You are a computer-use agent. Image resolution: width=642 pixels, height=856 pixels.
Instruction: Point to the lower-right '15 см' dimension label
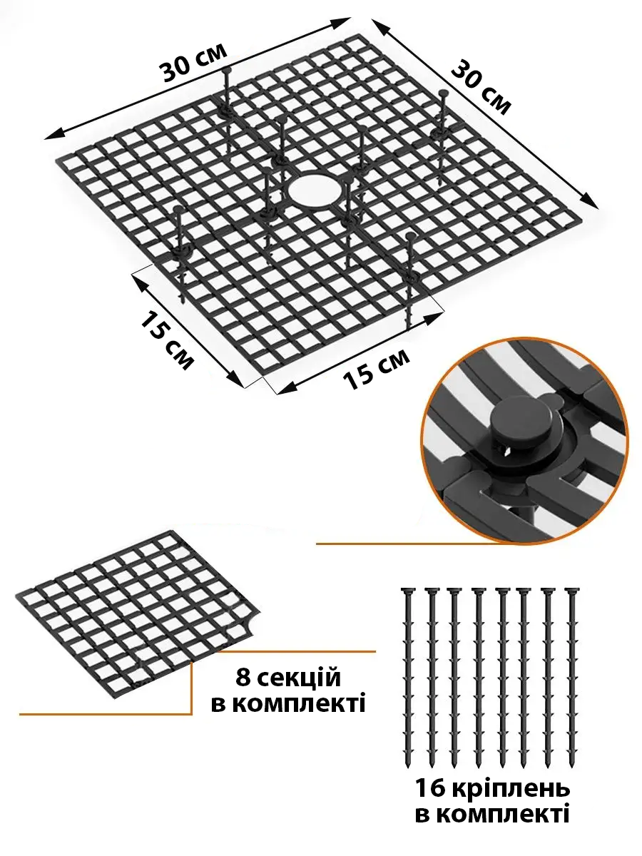click(376, 369)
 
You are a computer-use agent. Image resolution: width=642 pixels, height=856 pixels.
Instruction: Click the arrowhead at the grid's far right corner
click(590, 203)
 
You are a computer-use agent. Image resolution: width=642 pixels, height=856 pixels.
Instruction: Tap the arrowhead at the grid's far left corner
click(52, 135)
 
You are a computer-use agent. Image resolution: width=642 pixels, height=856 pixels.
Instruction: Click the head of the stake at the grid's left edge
click(178, 210)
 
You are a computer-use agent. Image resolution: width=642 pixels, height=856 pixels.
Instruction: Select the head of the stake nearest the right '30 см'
click(443, 93)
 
